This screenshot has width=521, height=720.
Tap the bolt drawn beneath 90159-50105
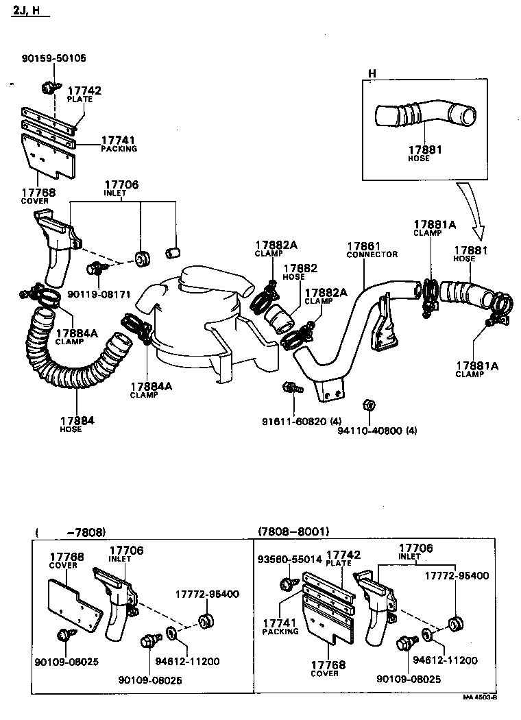tap(49, 87)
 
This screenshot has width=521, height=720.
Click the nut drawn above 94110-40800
tap(367, 403)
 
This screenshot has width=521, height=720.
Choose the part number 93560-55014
tap(289, 559)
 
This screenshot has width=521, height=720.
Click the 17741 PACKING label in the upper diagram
tap(119, 143)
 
